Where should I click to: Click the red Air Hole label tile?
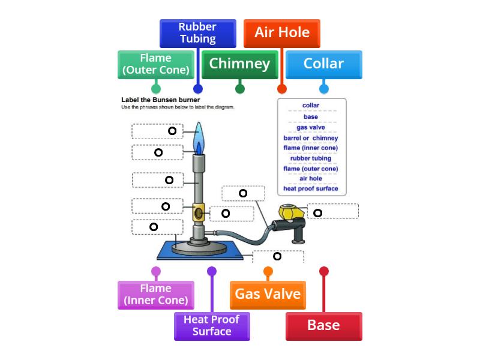pos(281,32)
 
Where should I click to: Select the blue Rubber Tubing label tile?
pos(197,33)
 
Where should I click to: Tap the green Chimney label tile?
pos(239,64)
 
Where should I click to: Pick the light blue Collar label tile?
pos(323,64)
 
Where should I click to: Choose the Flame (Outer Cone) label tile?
pos(155,64)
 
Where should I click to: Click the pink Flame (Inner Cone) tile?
pos(155,295)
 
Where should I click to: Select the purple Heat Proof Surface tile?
pos(211,326)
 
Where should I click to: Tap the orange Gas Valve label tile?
pos(268,294)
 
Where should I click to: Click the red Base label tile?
pos(323,326)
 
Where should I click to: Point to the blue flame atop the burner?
pos(199,138)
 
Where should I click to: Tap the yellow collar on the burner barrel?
pos(198,212)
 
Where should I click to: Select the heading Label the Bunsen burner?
pos(160,100)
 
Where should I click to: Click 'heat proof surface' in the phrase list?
pos(310,188)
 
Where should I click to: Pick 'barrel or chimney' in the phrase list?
pos(310,138)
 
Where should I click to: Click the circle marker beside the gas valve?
pos(318,212)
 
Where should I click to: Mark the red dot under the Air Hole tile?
pos(281,89)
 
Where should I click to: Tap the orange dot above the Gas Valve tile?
pos(268,271)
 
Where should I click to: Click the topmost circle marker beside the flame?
pos(172,131)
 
